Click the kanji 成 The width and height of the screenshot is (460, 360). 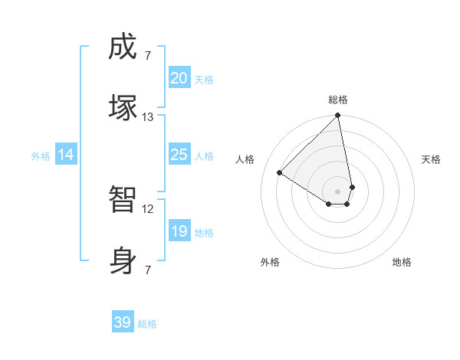tap(123, 48)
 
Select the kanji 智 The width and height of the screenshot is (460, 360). tap(123, 201)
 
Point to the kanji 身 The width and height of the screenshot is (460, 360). tap(123, 259)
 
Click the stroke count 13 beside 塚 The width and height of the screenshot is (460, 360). tap(148, 117)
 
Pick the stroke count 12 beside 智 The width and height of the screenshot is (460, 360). tap(148, 208)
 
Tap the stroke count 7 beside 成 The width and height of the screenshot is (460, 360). tap(147, 55)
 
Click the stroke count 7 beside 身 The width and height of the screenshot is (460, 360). tap(147, 270)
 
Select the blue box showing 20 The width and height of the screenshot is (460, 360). tap(179, 78)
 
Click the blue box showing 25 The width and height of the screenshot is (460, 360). tap(179, 155)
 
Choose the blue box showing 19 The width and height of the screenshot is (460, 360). tap(179, 231)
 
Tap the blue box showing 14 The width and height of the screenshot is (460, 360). tap(66, 155)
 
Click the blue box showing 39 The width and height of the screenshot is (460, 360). tap(122, 322)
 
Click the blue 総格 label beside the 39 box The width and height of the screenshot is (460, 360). tap(147, 324)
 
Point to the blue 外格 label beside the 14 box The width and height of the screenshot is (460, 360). tap(41, 156)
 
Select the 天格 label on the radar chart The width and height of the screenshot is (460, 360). tap(431, 159)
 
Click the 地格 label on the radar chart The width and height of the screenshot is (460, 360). tap(402, 262)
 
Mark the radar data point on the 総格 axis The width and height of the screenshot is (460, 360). tap(337, 116)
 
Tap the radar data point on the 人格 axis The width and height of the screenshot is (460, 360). tap(280, 172)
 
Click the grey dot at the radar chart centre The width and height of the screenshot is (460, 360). tap(337, 191)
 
